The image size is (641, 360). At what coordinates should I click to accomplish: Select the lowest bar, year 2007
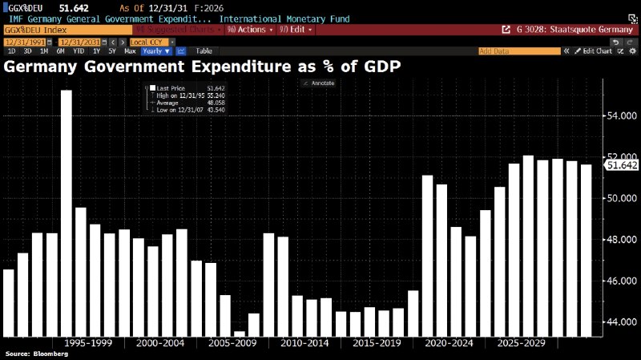pyautogui.click(x=240, y=333)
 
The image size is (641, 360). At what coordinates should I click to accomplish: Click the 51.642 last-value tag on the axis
pyautogui.click(x=622, y=165)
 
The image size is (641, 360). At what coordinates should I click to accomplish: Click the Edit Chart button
pyautogui.click(x=597, y=51)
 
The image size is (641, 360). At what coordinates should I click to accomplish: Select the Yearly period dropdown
pyautogui.click(x=156, y=51)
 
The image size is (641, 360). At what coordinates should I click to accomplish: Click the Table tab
pyautogui.click(x=204, y=51)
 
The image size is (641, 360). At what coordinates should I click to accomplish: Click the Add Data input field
pyautogui.click(x=521, y=51)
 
